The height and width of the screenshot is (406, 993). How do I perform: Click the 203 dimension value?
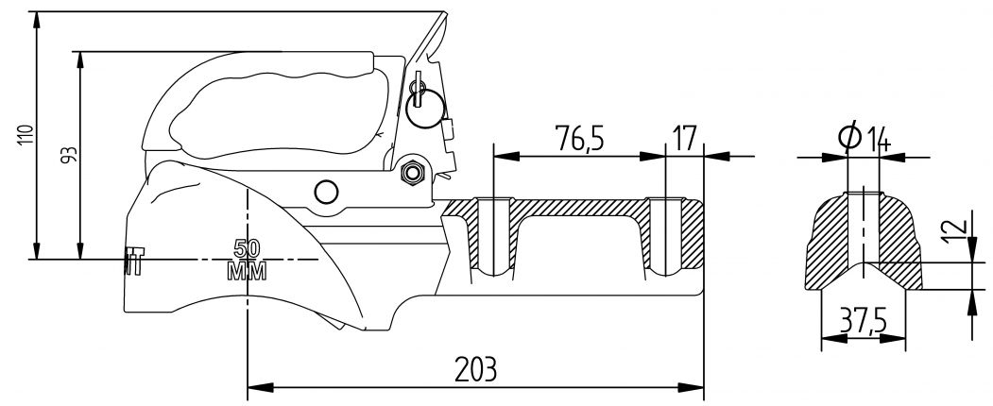(x=475, y=367)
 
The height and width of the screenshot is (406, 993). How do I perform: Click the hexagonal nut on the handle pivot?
(x=411, y=172)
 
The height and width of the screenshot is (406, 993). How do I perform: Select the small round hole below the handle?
(x=326, y=192)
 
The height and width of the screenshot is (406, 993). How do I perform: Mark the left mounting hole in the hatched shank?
(x=492, y=236)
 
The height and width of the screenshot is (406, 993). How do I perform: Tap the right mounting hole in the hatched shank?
(x=666, y=236)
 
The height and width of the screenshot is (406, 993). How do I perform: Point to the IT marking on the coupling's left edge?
(x=133, y=262)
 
